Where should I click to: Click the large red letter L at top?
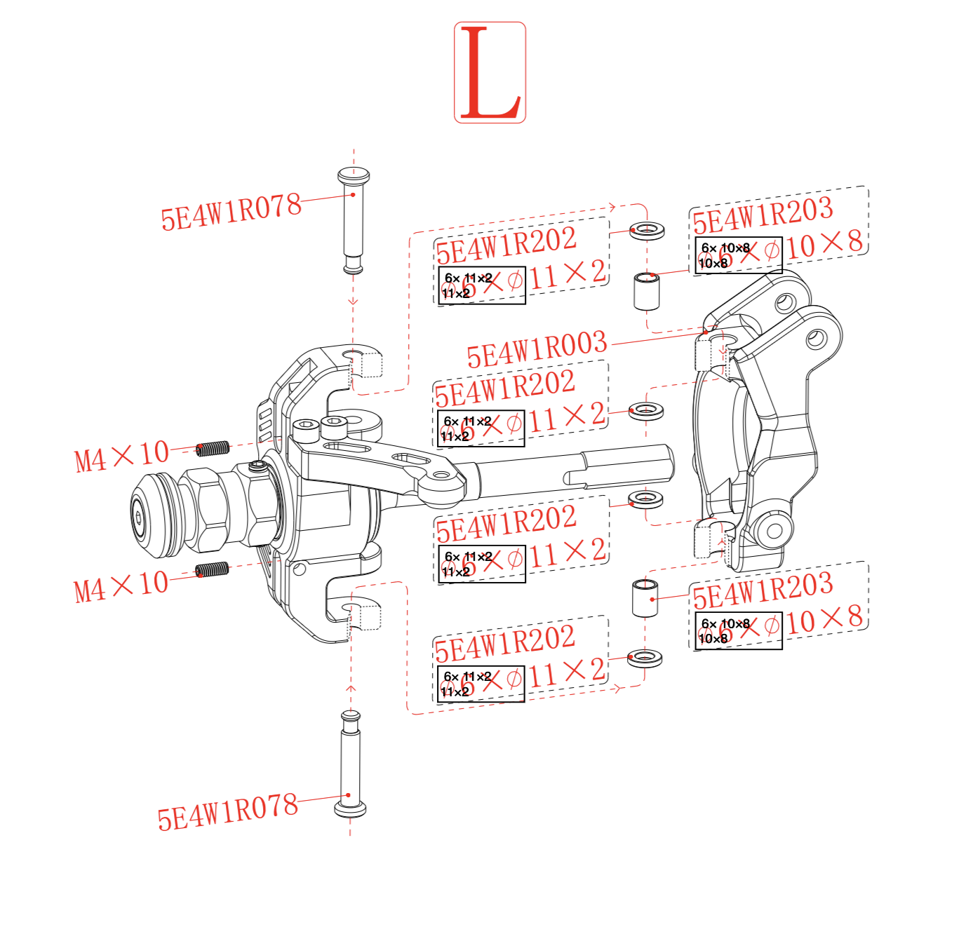pos(490,73)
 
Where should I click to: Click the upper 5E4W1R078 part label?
pos(231,211)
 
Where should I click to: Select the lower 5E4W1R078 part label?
pos(227,811)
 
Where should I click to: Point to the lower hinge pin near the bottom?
pos(349,764)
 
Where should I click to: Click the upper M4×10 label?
pos(122,456)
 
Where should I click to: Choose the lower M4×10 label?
pos(121,586)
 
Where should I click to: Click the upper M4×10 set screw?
pos(212,447)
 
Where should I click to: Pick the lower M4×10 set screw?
pos(211,569)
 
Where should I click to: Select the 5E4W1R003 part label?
pos(537,349)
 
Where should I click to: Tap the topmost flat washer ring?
pos(647,230)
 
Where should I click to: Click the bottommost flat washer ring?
pos(645,658)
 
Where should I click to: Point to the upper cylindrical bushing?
pos(647,291)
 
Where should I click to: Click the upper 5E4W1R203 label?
pos(763,215)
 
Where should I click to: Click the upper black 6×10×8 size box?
pos(738,255)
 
